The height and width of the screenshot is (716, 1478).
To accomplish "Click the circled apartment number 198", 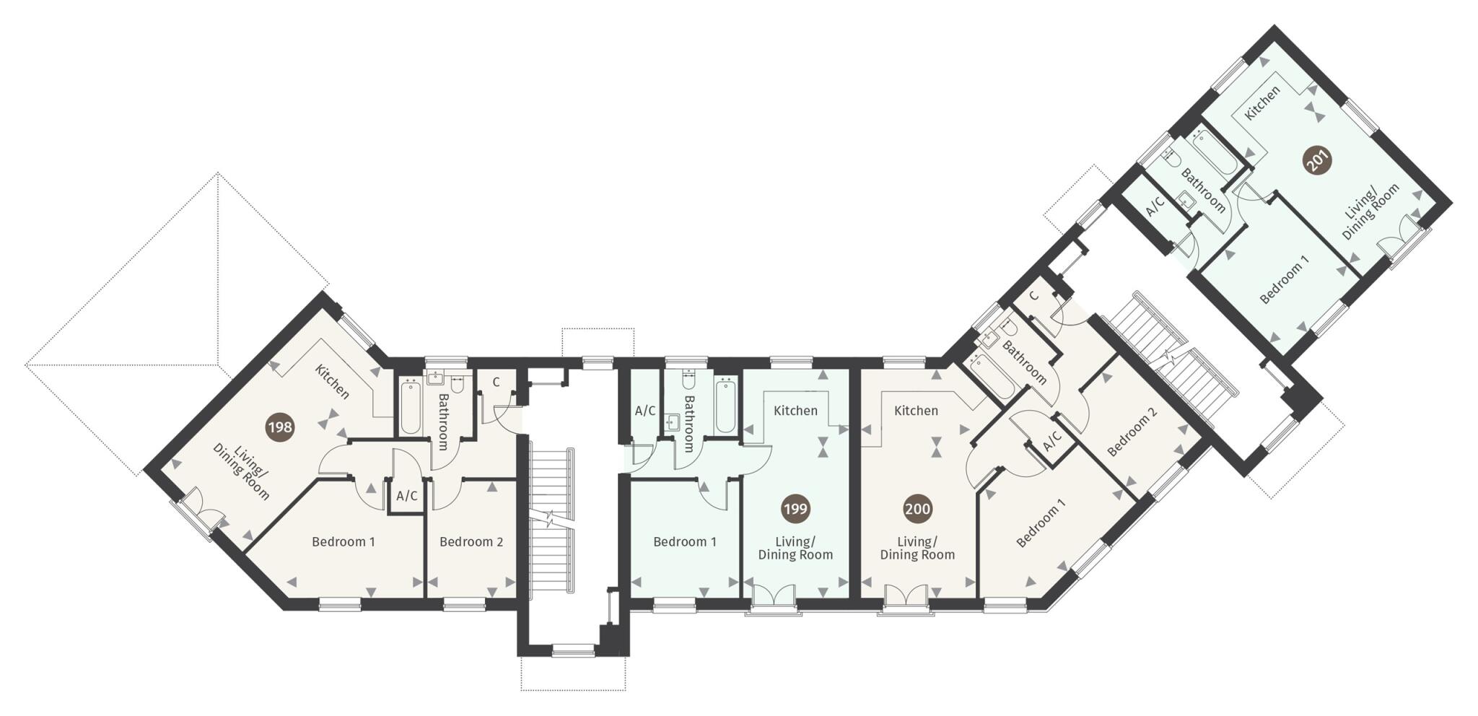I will pyautogui.click(x=280, y=427).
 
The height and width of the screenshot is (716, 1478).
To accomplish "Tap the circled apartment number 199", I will pyautogui.click(x=795, y=509).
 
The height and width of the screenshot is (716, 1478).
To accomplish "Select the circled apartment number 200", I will pyautogui.click(x=917, y=509).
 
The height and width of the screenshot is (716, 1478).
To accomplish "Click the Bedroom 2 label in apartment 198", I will pyautogui.click(x=471, y=541).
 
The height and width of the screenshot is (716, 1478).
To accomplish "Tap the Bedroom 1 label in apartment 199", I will pyautogui.click(x=684, y=541).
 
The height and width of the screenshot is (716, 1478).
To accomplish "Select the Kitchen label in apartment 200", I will pyautogui.click(x=916, y=411).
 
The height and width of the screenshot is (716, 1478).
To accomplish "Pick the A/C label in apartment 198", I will pyautogui.click(x=406, y=496).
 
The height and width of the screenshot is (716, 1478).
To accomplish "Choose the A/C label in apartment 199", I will pyautogui.click(x=645, y=411).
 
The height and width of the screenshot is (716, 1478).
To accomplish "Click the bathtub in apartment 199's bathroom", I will pyautogui.click(x=725, y=406).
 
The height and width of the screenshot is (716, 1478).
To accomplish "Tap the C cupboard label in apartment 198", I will pyautogui.click(x=497, y=383).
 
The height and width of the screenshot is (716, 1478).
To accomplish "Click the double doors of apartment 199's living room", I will pyautogui.click(x=774, y=597).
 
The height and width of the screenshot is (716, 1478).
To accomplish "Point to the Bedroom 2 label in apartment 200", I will pyautogui.click(x=1132, y=432).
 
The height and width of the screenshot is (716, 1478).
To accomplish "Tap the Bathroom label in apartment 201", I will pyautogui.click(x=1203, y=190).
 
